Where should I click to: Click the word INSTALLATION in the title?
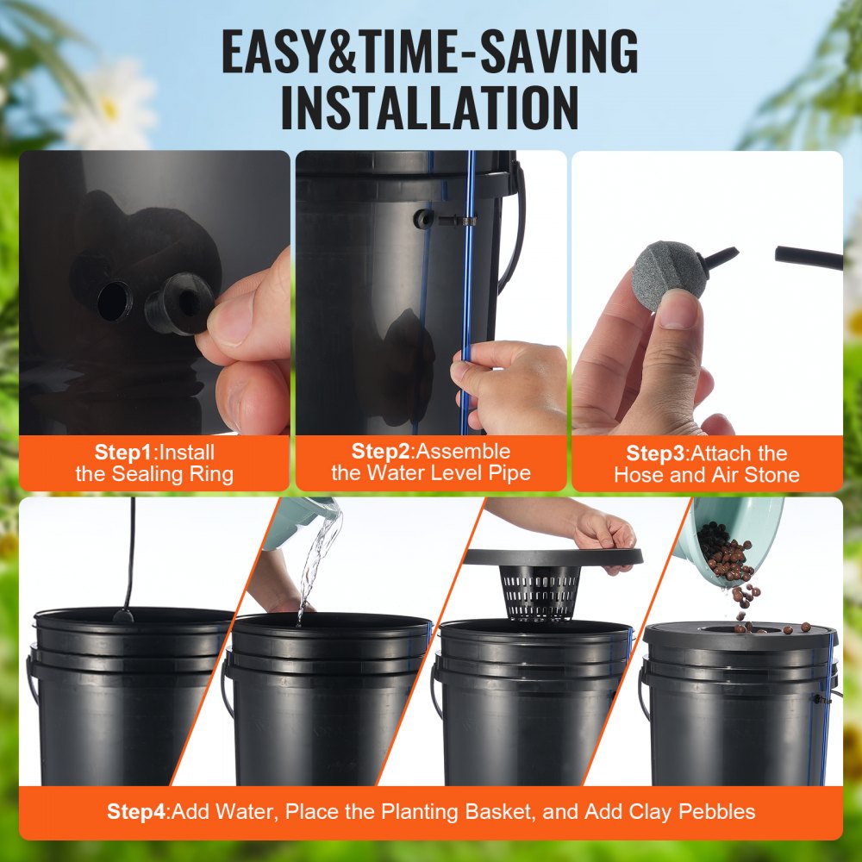click(x=430, y=107)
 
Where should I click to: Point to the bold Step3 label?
click(x=656, y=453)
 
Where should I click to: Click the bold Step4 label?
click(x=137, y=811)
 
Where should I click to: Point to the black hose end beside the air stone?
click(x=808, y=257)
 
